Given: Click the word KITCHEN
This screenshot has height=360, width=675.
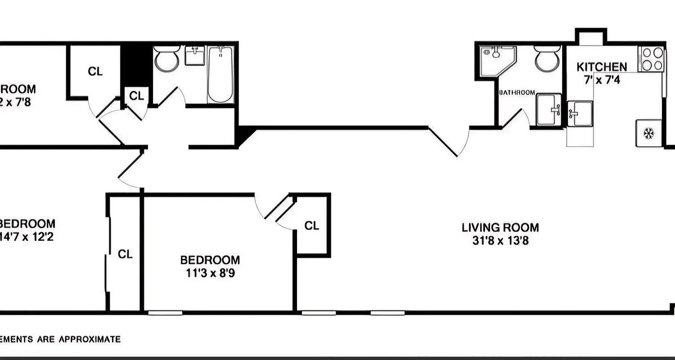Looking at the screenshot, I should click(602, 67).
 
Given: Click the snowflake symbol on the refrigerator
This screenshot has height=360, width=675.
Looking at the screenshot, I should click(648, 133).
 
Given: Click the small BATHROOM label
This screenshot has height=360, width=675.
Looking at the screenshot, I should click(517, 93).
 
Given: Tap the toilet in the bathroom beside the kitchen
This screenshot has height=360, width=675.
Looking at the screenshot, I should click(546, 60).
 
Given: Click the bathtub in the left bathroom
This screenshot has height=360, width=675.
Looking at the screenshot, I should click(220, 75).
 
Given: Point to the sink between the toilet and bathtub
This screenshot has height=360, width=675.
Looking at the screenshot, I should click(195, 56).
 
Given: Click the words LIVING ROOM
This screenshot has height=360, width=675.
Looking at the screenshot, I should click(500, 227).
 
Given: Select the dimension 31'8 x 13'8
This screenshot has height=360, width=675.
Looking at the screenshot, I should click(500, 241).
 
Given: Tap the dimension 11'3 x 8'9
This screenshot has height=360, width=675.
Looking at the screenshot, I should click(210, 273).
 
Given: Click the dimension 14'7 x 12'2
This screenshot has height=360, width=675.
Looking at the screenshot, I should click(27, 237).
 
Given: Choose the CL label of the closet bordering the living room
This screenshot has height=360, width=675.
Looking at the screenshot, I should click(312, 225).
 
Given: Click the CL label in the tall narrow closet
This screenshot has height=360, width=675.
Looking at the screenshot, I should click(125, 254).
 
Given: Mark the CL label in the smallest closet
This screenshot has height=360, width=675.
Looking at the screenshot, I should click(136, 95).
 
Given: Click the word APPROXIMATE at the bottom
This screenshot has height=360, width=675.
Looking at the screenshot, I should click(90, 339).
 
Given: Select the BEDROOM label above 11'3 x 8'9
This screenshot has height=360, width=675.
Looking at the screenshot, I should click(210, 260).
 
